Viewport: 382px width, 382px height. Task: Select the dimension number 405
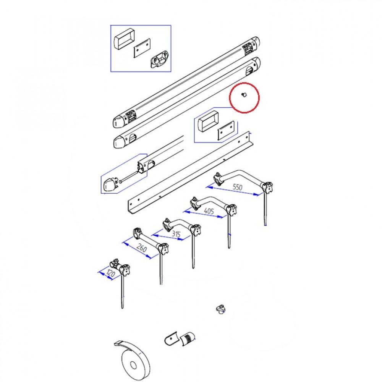coord(209,211)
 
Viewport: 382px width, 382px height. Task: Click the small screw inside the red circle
coord(244,95)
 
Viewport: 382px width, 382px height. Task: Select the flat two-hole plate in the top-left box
coord(142,48)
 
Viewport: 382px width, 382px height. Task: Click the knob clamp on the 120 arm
coord(125,269)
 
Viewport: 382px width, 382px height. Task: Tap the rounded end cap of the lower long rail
coord(120,142)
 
